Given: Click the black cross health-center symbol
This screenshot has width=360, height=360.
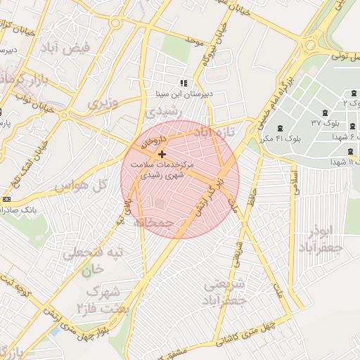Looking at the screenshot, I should pos(162,153).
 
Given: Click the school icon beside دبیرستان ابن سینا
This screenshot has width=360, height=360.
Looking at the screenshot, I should pos(184,83).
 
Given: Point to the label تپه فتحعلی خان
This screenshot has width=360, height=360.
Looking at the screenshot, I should pos(93,259).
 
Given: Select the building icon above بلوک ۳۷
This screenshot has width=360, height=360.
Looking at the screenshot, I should pos(325,112).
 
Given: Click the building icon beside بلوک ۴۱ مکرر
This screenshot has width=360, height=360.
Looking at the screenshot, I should pos(281,128).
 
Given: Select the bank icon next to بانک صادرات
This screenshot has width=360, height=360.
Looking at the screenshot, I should pos(6,199).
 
